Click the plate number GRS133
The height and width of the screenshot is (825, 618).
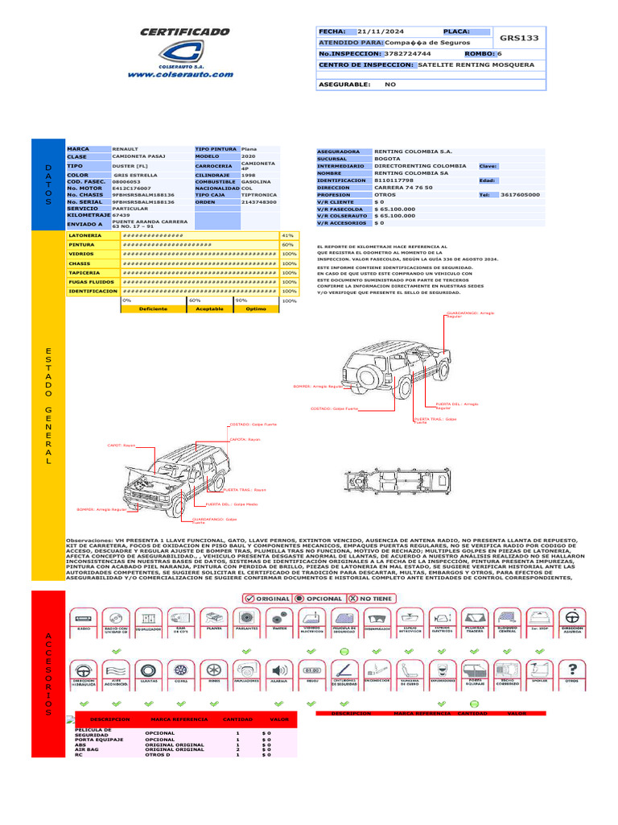(519, 38)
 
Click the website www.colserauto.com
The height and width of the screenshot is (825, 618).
(180, 74)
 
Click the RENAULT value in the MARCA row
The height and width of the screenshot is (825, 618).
(126, 150)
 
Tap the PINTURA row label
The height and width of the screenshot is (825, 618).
(82, 244)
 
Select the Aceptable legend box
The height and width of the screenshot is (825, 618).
(209, 309)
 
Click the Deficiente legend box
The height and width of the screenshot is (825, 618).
(153, 309)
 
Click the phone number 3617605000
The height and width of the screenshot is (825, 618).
(520, 194)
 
